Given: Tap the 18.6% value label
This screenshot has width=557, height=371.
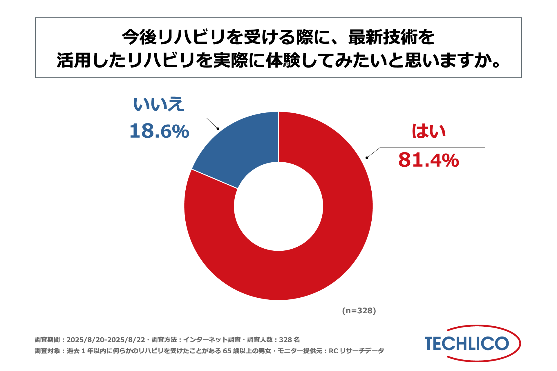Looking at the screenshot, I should [159, 131].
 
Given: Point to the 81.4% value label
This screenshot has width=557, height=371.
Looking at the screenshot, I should [428, 160].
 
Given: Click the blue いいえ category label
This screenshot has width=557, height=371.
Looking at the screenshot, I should [159, 104].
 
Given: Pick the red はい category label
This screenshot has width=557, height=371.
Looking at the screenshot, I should [429, 131].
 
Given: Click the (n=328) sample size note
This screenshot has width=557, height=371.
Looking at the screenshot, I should [359, 311].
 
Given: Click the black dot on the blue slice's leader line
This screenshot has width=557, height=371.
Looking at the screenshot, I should [218, 129].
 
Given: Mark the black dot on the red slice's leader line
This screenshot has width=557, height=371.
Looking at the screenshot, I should [367, 158].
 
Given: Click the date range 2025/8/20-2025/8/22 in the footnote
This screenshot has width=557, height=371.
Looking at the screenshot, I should [106, 340].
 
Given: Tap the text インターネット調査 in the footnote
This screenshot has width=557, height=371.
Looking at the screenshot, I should [212, 340].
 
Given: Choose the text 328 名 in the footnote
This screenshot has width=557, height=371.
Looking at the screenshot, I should [289, 340].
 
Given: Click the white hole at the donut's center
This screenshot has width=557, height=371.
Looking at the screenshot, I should [278, 206].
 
